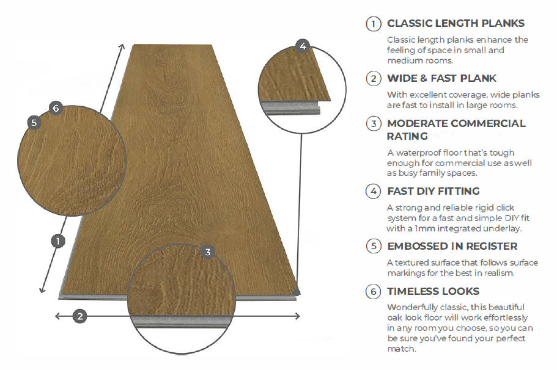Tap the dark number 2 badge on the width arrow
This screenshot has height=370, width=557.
click(79, 316)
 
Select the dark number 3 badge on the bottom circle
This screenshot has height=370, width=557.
click(208, 252)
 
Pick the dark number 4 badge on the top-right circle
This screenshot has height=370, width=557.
click(303, 46)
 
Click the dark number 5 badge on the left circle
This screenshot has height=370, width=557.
click(34, 122)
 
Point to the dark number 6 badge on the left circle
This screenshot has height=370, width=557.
click(56, 109)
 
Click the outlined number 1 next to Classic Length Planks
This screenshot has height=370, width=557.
click(373, 24)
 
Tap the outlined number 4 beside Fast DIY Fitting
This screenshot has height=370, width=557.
click(373, 191)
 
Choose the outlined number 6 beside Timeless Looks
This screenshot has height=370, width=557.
click(373, 292)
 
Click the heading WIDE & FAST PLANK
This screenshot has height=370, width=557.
click(441, 78)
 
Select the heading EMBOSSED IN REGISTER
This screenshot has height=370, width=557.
click(452, 246)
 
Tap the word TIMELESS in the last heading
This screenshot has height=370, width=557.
click(413, 291)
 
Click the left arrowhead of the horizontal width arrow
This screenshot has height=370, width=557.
click(57, 316)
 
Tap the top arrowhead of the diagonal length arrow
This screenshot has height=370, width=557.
click(123, 47)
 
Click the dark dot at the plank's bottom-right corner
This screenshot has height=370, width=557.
click(297, 293)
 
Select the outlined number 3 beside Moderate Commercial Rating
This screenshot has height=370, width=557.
click(373, 124)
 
